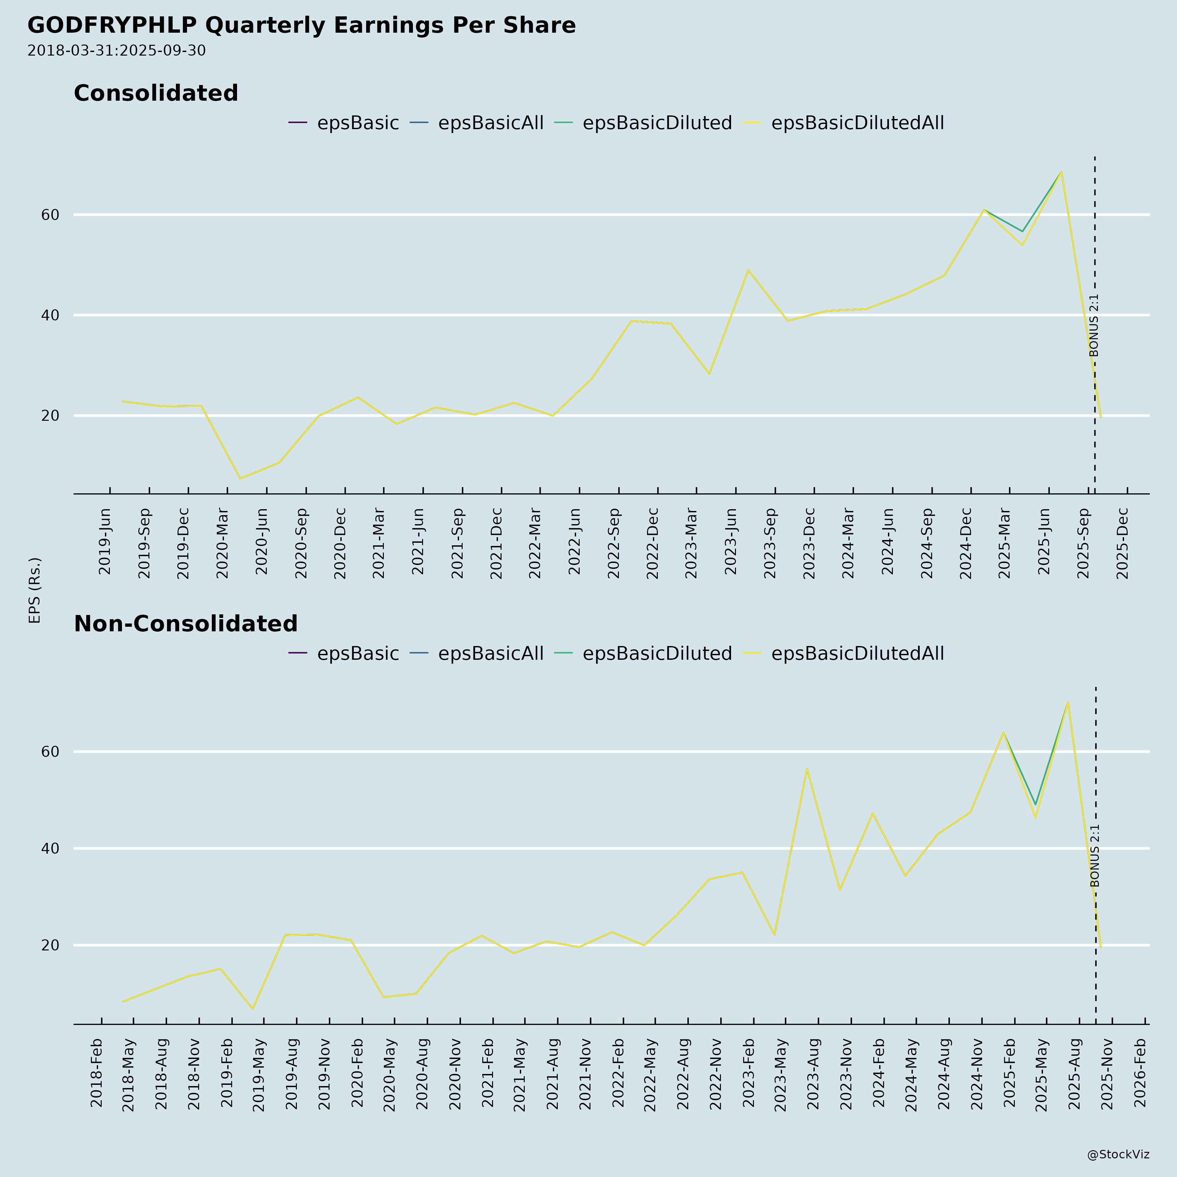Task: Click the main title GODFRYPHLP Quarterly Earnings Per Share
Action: [x=301, y=26]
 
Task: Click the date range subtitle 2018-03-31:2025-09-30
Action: [x=116, y=51]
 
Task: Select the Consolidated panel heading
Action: [x=156, y=93]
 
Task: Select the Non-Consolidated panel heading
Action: [x=186, y=624]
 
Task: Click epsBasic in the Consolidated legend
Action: [x=358, y=123]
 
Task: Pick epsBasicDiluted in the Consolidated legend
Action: [x=657, y=123]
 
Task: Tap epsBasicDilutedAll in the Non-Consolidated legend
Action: [x=857, y=654]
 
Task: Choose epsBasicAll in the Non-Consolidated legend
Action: [x=490, y=654]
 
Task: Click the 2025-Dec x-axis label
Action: [x=1123, y=542]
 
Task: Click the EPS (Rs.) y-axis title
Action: [x=35, y=590]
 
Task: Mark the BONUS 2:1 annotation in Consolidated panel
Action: [x=1094, y=325]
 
